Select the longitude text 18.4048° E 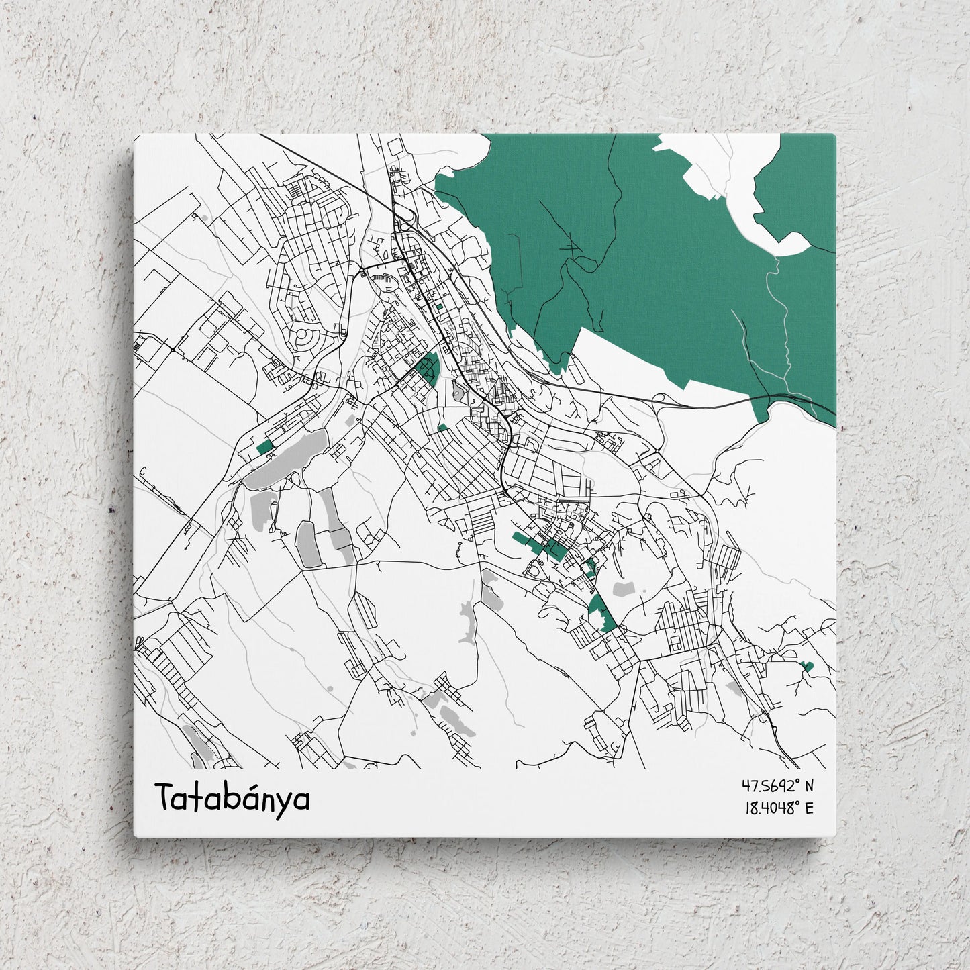pyautogui.click(x=778, y=808)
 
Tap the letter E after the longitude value pyautogui.click(x=808, y=808)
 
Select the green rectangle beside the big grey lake pyautogui.click(x=264, y=447)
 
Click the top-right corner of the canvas pyautogui.click(x=834, y=136)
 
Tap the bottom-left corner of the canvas pyautogui.click(x=136, y=835)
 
